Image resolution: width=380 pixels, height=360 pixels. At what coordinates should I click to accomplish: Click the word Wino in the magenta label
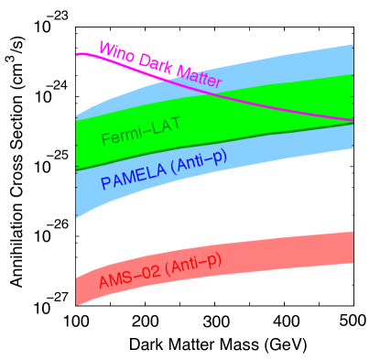(x=116, y=52)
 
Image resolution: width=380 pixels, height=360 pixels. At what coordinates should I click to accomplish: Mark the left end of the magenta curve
(x=77, y=55)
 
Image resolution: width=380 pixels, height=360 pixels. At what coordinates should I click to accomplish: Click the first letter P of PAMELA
(x=105, y=182)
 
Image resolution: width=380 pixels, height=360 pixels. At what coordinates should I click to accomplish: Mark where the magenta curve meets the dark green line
(x=353, y=121)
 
